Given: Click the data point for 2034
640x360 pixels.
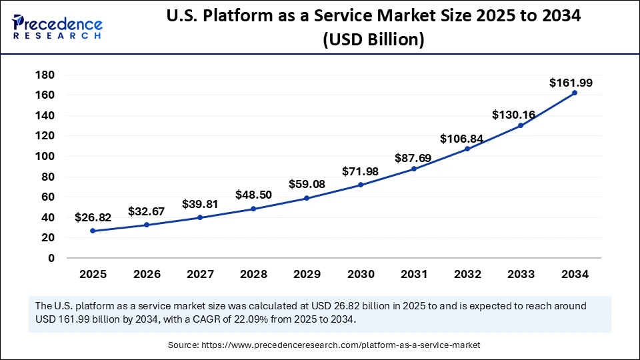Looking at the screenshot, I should [575, 93].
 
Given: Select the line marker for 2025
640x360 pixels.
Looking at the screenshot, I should [93, 231].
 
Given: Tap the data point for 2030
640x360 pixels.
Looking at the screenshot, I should [360, 185].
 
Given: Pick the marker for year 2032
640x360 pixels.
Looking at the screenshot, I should [467, 149].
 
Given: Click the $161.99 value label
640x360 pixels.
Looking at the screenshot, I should [571, 83].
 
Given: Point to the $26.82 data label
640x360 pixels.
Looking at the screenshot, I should [93, 217].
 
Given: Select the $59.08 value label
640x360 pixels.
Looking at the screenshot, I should [307, 183].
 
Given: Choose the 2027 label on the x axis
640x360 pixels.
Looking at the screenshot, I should [199, 274].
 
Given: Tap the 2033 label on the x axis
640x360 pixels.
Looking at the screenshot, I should [521, 274].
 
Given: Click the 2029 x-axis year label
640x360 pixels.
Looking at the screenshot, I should [307, 274].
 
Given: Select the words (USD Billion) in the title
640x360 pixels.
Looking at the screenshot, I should [373, 40].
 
